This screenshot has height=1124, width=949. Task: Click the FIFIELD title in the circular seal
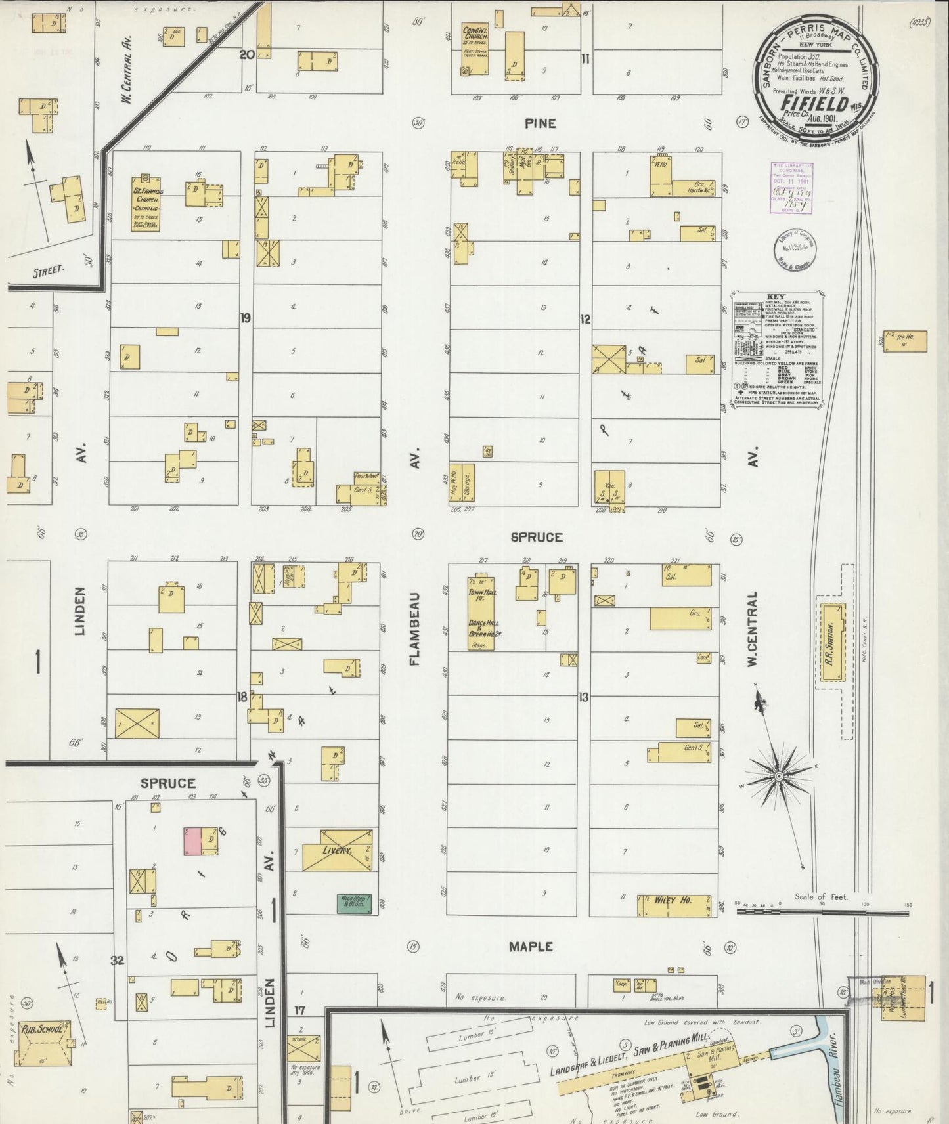coord(812,103)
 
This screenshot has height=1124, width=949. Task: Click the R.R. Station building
coord(831,641)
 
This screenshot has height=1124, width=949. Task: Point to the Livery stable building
coord(337,850)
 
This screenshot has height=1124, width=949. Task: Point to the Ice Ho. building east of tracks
coord(905,341)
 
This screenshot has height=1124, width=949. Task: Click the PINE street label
coord(541,123)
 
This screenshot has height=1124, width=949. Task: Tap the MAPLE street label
coord(531,946)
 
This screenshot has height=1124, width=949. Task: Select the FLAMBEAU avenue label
coord(414,630)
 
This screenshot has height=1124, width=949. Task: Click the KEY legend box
coord(778,352)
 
